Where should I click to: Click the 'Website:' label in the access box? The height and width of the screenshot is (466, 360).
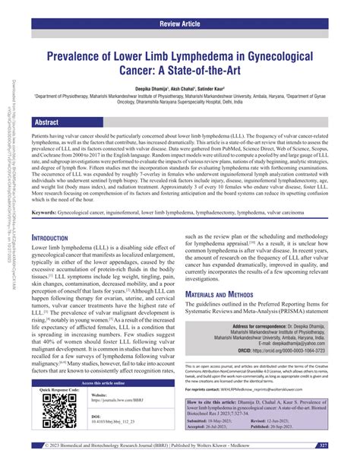point(99,417)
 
